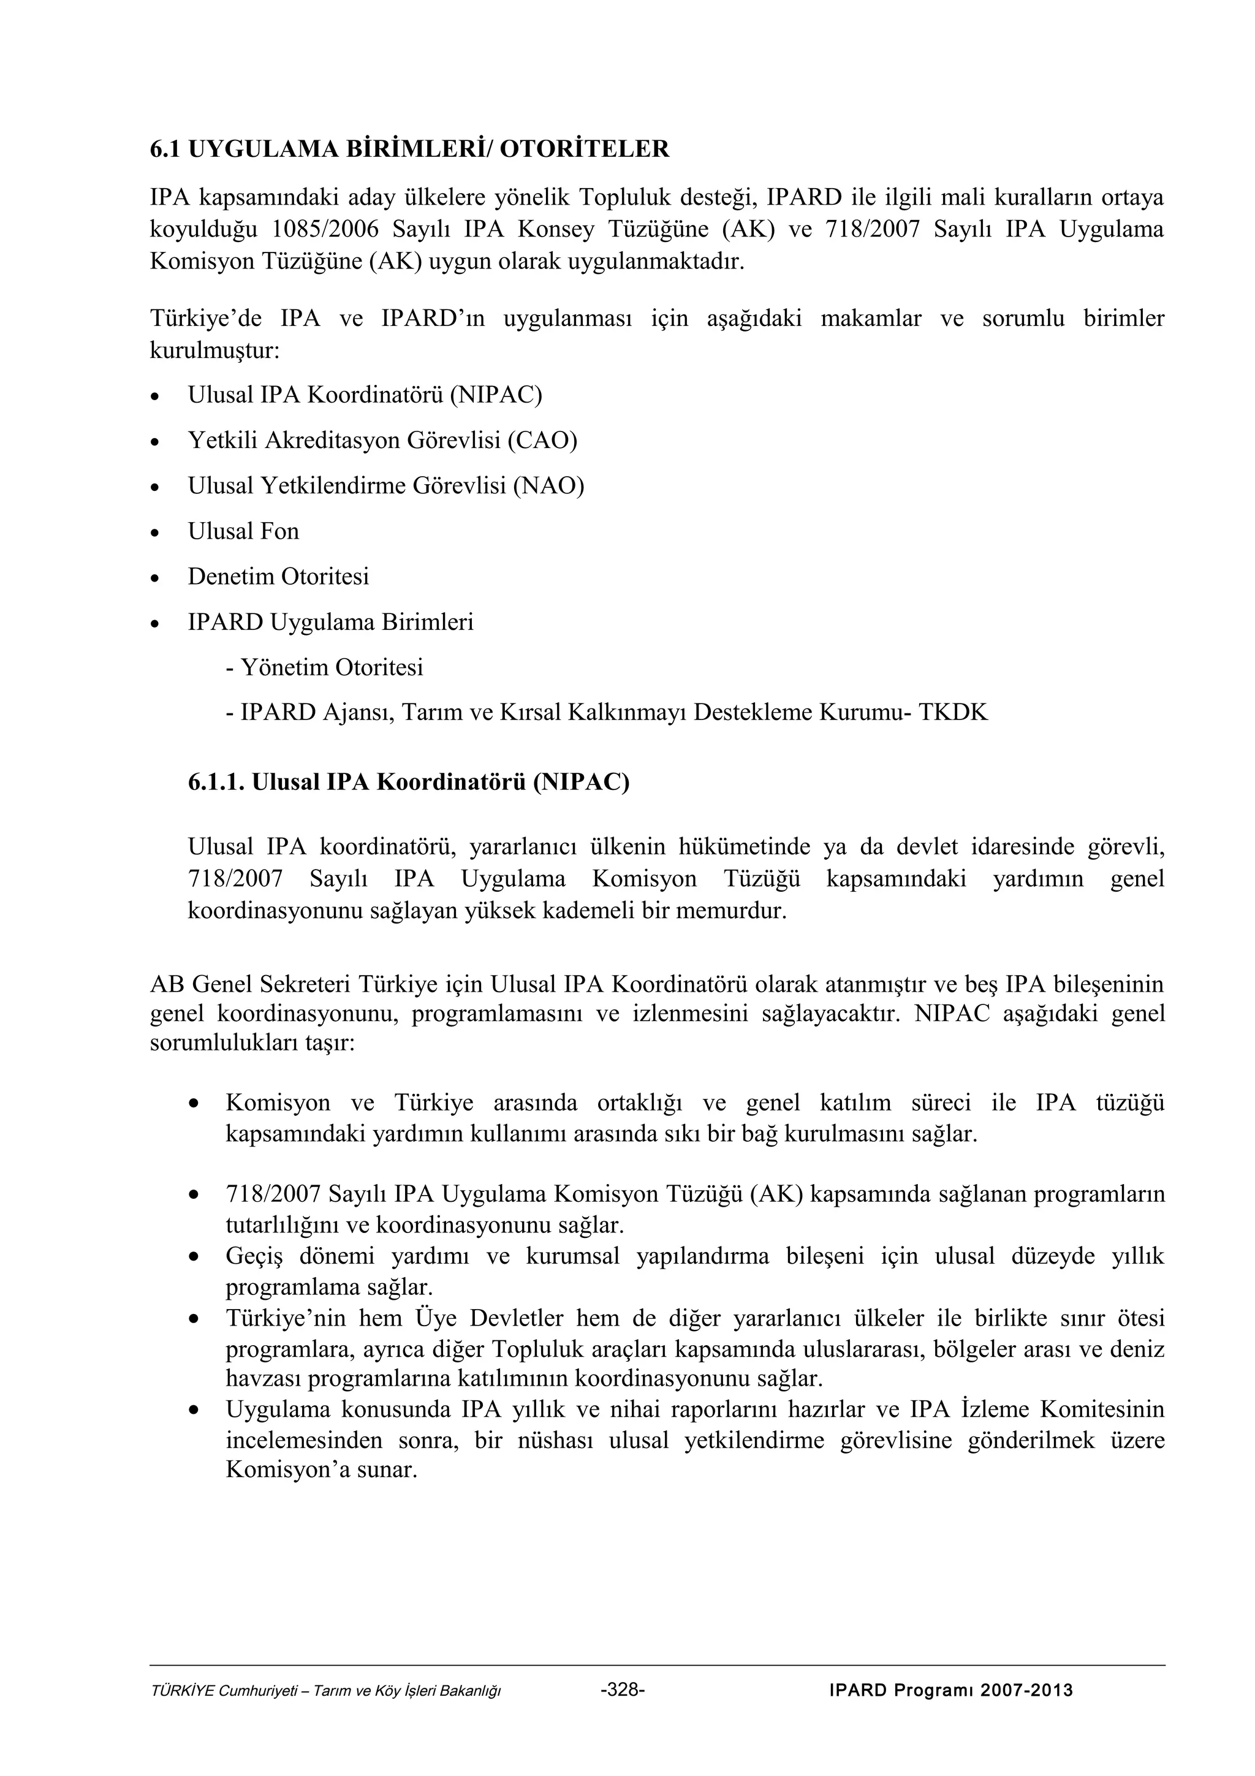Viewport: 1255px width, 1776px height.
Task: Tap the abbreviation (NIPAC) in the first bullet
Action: tap(496, 395)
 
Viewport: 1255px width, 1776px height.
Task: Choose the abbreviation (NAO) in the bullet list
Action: tap(548, 486)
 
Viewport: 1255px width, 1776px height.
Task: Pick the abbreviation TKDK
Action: tap(953, 712)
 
